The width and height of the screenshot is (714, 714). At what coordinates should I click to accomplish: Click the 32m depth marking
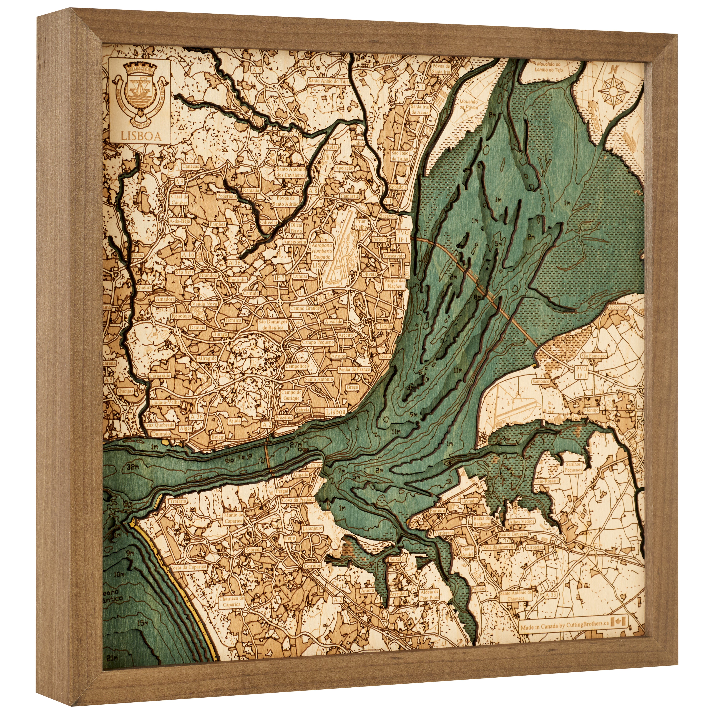coord(129,466)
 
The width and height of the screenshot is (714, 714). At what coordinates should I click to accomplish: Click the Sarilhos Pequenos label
coord(573,467)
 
